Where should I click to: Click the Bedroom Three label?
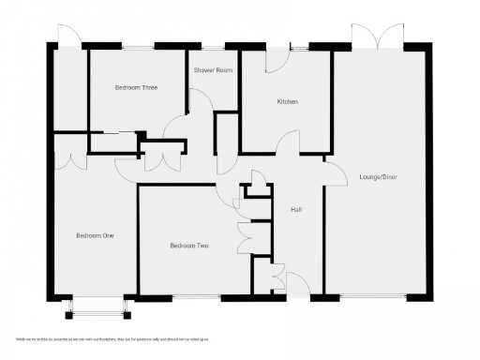(136, 87)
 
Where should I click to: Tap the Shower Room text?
(213, 70)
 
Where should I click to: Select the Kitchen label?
(287, 101)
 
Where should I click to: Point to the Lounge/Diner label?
(379, 176)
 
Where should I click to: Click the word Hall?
(295, 209)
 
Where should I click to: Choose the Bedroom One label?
(95, 235)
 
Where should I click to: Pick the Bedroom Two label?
(188, 246)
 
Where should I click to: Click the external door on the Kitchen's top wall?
(278, 58)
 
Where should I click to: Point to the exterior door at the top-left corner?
(68, 34)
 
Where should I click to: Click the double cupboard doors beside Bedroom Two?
(245, 236)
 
